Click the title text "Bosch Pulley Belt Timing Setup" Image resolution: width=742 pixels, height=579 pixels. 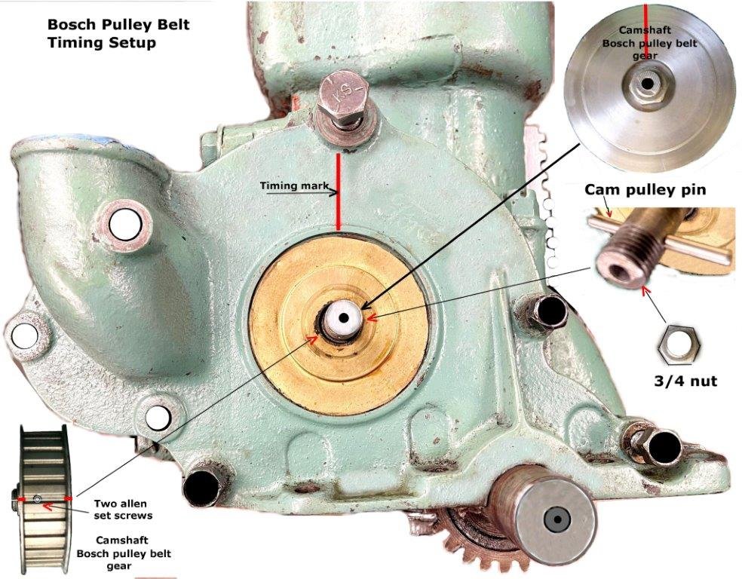(x=118, y=33)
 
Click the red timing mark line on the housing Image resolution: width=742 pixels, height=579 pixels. (x=339, y=192)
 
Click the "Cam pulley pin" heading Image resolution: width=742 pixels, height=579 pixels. (x=645, y=189)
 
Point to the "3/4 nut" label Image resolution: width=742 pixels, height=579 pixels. (x=683, y=381)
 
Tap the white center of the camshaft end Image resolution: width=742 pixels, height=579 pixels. (x=343, y=317)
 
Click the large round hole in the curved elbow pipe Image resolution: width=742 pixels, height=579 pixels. (x=124, y=222)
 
